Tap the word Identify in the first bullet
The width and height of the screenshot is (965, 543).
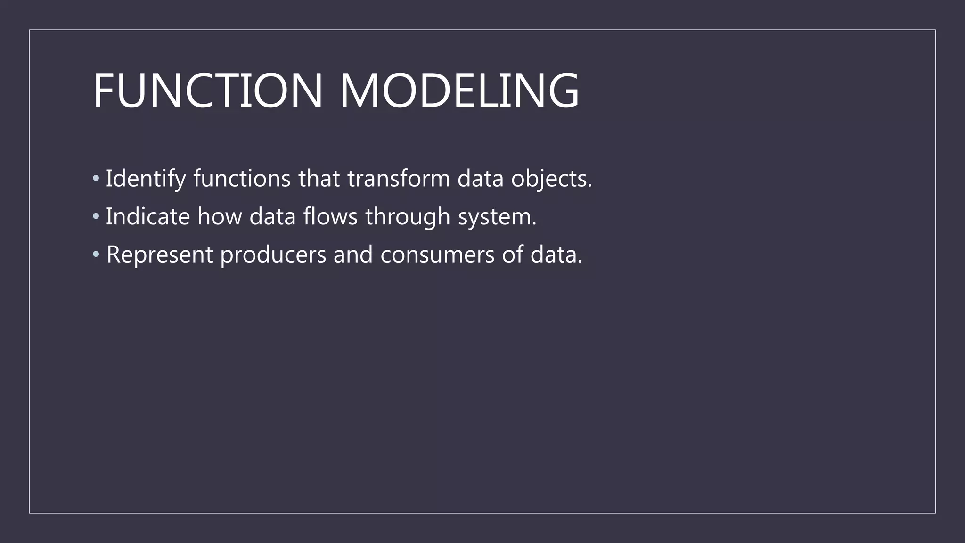pos(146,179)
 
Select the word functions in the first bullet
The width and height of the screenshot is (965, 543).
pos(242,179)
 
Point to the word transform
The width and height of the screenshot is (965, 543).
pos(399,179)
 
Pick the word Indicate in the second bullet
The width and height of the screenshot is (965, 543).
pos(147,217)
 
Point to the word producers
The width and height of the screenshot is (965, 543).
pos(273,255)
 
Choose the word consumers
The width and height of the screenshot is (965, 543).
pos(437,255)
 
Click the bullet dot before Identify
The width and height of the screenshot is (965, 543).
pos(96,179)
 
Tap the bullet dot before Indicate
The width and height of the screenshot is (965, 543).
pos(96,217)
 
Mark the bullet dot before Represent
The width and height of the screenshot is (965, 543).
pos(96,255)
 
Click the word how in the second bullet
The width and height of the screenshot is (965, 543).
pos(220,217)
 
